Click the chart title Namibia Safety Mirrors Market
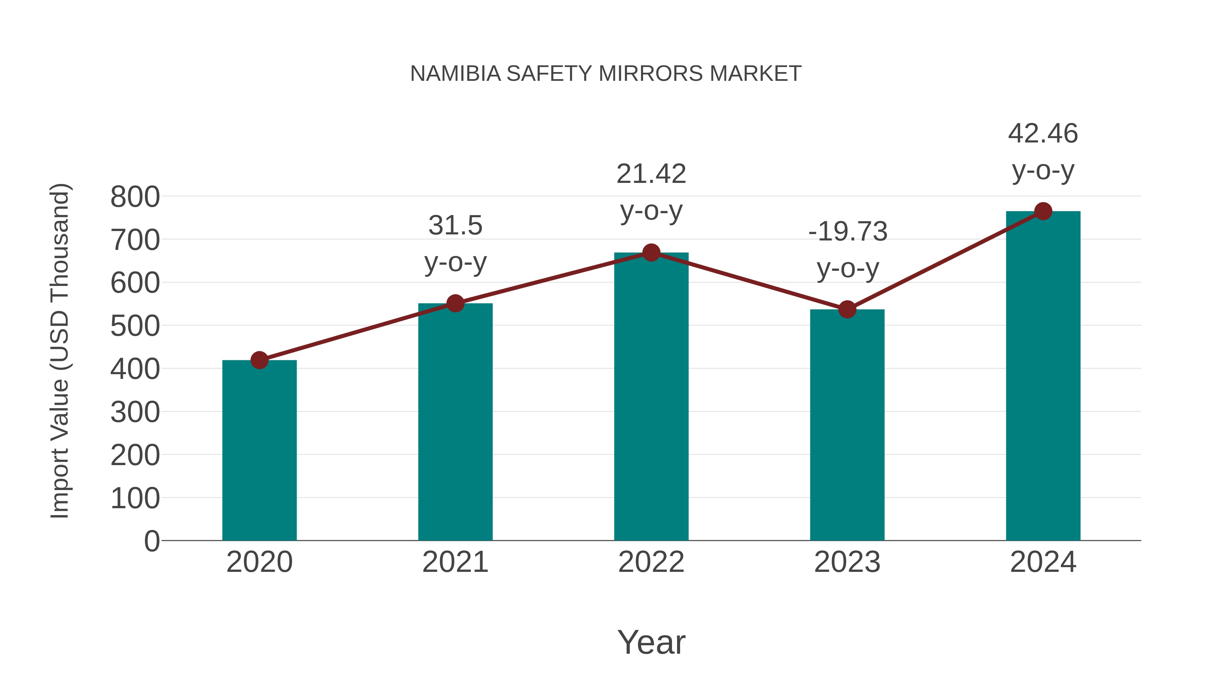click(606, 74)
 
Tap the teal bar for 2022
click(651, 396)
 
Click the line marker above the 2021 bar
click(455, 303)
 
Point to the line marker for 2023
click(847, 310)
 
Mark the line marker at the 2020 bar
click(259, 360)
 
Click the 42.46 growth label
click(1043, 134)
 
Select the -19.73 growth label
click(847, 232)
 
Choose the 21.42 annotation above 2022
click(651, 174)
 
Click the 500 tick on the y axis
click(135, 326)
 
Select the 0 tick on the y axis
click(151, 541)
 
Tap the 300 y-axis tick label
click(135, 412)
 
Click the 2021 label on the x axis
click(455, 562)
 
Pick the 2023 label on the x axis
click(847, 562)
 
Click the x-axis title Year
click(651, 642)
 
